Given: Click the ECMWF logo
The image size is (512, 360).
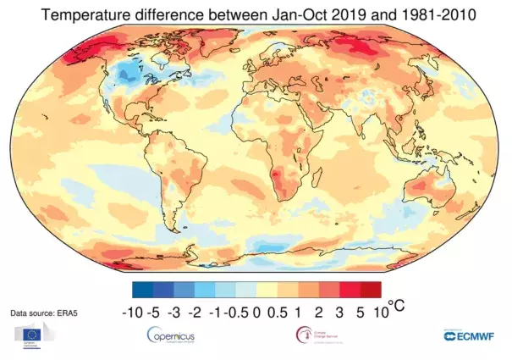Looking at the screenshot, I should [x=470, y=336].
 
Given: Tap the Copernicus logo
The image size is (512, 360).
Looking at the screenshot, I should [x=176, y=336].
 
